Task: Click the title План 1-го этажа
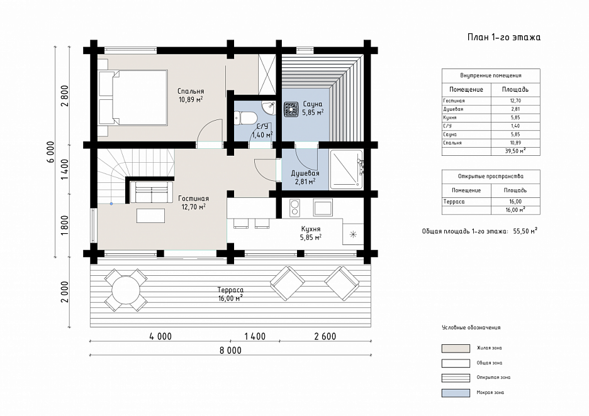coord(503,37)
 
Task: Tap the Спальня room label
coord(191,91)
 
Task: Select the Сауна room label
coord(313,104)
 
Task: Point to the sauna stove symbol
coord(291,109)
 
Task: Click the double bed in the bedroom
coord(133,97)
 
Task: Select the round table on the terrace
coord(125,290)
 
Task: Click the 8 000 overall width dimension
coord(231,351)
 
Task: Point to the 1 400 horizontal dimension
coord(255,336)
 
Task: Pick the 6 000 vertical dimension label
coord(51,152)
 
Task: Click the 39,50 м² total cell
coord(515,151)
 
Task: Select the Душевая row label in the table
coord(453,109)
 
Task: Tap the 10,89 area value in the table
coord(515,143)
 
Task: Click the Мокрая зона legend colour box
coord(456,393)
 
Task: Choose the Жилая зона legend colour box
coord(456,348)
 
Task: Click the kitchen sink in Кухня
coord(323,207)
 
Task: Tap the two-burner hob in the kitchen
coord(294,208)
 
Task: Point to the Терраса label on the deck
coord(230,290)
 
